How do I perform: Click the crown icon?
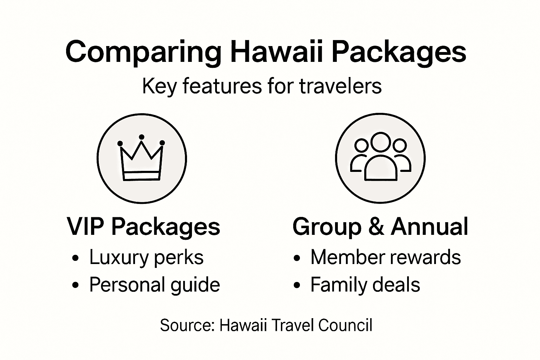(x=141, y=160)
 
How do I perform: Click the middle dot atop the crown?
(x=142, y=137)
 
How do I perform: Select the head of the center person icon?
(x=380, y=142)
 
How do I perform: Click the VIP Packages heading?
(x=143, y=226)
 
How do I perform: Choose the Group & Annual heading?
(x=380, y=226)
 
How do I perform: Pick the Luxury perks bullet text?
(x=146, y=257)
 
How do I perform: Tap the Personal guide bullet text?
(x=154, y=284)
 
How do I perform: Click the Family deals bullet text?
(x=365, y=284)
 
